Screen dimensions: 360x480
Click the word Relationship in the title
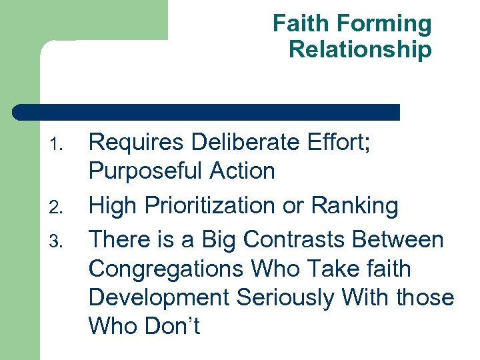point(360,49)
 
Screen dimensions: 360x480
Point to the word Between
point(403,238)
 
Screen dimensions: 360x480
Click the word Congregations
point(167,270)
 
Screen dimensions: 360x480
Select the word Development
point(160,298)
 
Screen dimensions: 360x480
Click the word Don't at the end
point(175,327)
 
